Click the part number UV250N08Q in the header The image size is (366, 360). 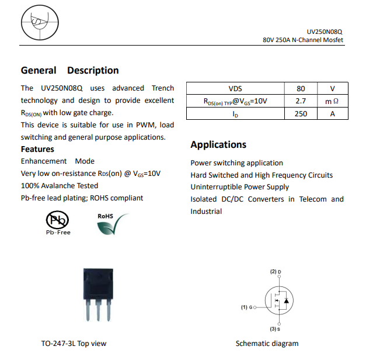(325, 32)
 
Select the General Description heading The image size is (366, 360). (70, 71)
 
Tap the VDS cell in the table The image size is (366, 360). (235, 89)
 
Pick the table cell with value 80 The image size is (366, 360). (301, 89)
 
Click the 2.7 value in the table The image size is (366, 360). (301, 101)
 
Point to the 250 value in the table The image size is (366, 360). (301, 113)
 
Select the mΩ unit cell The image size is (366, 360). (332, 101)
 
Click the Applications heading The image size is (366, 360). (218, 144)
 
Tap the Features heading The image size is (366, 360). (37, 149)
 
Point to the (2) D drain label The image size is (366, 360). (276, 272)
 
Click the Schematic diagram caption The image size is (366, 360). (267, 344)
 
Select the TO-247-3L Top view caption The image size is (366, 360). (74, 344)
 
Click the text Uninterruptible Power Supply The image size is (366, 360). (239, 187)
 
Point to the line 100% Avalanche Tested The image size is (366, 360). (60, 185)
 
